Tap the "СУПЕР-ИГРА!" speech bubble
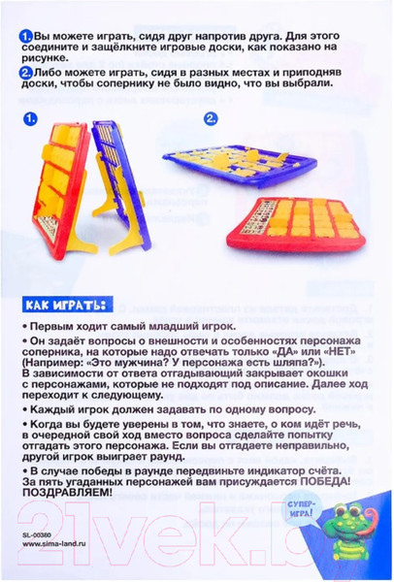pos(302,510)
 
